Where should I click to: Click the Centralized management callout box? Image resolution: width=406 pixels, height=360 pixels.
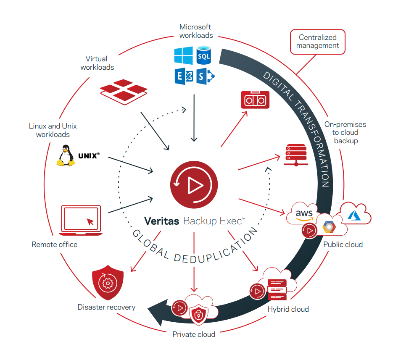pyautogui.click(x=317, y=42)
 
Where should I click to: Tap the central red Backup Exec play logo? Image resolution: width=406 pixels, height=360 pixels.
pyautogui.click(x=194, y=185)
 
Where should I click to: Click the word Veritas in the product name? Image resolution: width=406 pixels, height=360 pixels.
pyautogui.click(x=162, y=221)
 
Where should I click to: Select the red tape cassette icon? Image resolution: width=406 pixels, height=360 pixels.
pyautogui.click(x=254, y=100)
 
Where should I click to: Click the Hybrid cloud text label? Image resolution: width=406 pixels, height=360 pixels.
pyautogui.click(x=288, y=309)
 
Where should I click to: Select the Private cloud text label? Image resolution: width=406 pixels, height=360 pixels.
pyautogui.click(x=194, y=334)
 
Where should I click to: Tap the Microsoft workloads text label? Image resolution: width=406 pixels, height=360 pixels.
pyautogui.click(x=196, y=31)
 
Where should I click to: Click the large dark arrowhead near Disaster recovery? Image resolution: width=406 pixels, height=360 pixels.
pyautogui.click(x=160, y=311)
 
